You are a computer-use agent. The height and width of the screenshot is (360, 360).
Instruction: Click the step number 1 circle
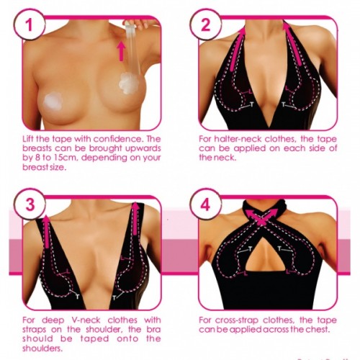[30, 24]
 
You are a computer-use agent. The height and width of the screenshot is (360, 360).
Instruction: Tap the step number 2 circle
[205, 24]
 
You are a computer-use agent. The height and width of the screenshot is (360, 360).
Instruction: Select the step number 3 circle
[30, 204]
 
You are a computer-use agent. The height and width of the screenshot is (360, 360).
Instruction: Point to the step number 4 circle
[205, 204]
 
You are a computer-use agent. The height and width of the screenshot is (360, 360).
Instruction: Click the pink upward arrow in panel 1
[122, 51]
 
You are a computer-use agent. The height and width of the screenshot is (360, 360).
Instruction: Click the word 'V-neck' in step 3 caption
[86, 320]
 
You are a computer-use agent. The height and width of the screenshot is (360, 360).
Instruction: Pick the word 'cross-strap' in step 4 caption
[236, 320]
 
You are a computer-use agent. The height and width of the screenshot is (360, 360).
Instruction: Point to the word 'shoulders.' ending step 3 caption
[42, 348]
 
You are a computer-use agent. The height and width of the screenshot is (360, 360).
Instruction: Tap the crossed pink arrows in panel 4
[262, 217]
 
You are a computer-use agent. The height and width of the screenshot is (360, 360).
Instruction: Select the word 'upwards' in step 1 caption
[143, 148]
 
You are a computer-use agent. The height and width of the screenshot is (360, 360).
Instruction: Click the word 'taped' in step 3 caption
[94, 339]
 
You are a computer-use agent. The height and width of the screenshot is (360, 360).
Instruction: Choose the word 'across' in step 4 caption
[276, 330]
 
